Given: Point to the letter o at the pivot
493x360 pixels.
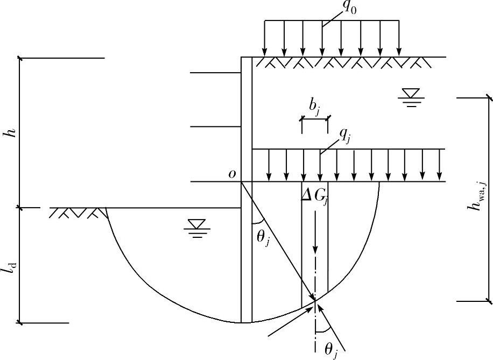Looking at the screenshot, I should (x=231, y=174).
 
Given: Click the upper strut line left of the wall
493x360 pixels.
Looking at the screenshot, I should (x=215, y=73).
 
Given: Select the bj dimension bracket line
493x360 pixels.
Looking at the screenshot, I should (x=314, y=118).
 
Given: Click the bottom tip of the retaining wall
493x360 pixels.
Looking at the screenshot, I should (x=246, y=322).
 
